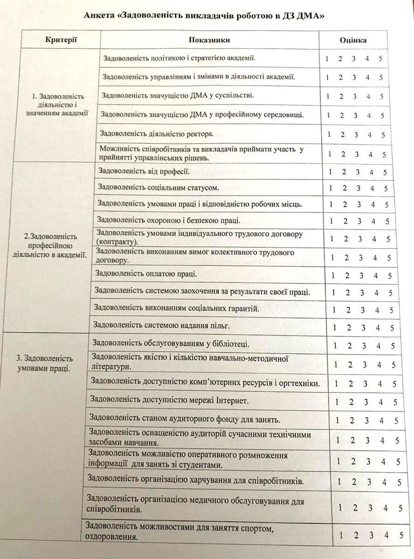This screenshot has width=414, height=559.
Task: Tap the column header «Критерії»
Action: click(61, 40)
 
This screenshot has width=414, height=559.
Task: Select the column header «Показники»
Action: click(209, 40)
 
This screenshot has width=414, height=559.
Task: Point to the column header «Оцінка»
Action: click(354, 40)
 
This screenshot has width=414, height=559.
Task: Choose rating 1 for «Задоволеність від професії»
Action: click(330, 173)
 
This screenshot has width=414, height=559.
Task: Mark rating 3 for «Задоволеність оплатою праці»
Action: click(362, 276)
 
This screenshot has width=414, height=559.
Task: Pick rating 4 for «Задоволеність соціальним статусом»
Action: click(372, 188)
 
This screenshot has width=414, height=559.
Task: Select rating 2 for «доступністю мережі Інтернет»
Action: click(351, 402)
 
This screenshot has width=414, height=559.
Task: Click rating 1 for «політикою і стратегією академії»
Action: click(327, 59)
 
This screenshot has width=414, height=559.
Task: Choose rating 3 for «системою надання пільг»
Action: click(363, 328)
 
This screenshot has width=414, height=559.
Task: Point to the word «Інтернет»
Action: click(233, 401)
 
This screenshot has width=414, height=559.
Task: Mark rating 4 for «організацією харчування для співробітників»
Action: click(383, 482)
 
